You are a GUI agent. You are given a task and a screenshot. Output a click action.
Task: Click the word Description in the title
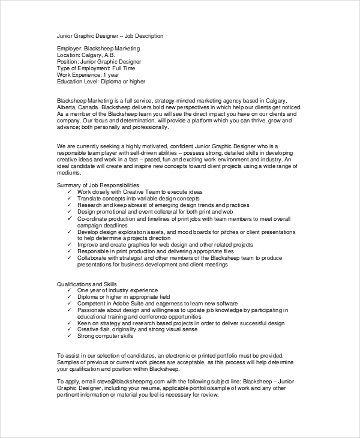pyautogui.click(x=147, y=36)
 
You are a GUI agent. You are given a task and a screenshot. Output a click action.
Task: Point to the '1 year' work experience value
pyautogui.click(x=111, y=75)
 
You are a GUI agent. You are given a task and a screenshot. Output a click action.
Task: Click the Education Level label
pyautogui.click(x=79, y=82)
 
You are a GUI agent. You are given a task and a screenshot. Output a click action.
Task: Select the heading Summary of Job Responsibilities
pyautogui.click(x=98, y=185)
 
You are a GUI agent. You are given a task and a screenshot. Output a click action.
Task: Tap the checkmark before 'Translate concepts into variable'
pyautogui.click(x=70, y=198)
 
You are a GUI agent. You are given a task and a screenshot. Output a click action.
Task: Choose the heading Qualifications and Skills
pyautogui.click(x=87, y=283)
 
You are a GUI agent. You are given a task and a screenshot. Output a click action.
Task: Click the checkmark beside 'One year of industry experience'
pyautogui.click(x=70, y=290)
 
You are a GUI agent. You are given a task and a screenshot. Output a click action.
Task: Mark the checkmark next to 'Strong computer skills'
pyautogui.click(x=70, y=336)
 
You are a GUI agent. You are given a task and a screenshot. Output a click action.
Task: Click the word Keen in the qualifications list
pyautogui.click(x=83, y=323)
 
